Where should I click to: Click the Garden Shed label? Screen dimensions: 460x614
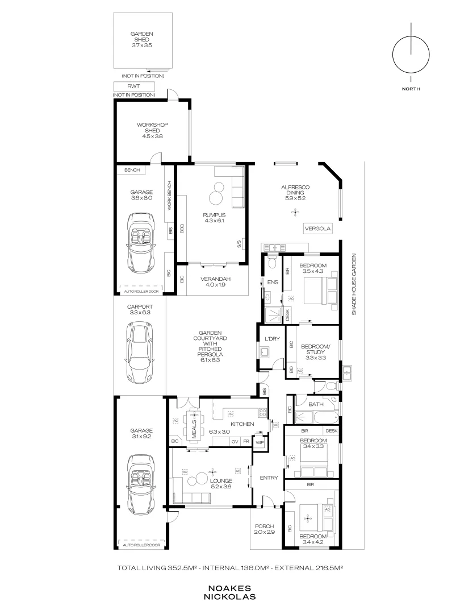[141, 37]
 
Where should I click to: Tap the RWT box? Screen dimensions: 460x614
[134, 86]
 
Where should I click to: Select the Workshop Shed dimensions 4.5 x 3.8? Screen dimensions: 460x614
[153, 136]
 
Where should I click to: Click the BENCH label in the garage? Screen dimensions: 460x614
[132, 170]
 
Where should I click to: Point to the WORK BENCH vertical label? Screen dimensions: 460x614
[169, 196]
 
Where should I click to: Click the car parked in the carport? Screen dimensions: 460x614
[140, 352]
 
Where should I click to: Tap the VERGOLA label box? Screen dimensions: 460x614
[317, 229]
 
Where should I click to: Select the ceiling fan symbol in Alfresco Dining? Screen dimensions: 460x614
[295, 213]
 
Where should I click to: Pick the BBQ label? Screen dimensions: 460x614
[182, 229]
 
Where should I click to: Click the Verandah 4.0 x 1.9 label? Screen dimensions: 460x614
[216, 282]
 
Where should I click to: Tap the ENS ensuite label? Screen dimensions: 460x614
[273, 282]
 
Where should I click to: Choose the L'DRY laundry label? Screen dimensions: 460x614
[272, 339]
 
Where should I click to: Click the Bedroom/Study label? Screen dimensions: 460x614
[316, 349]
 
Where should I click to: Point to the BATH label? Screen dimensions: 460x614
[316, 404]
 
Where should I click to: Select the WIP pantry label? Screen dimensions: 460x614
[260, 443]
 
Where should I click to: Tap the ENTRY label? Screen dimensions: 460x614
[269, 478]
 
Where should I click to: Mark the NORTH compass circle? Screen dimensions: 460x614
[392, 55]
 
